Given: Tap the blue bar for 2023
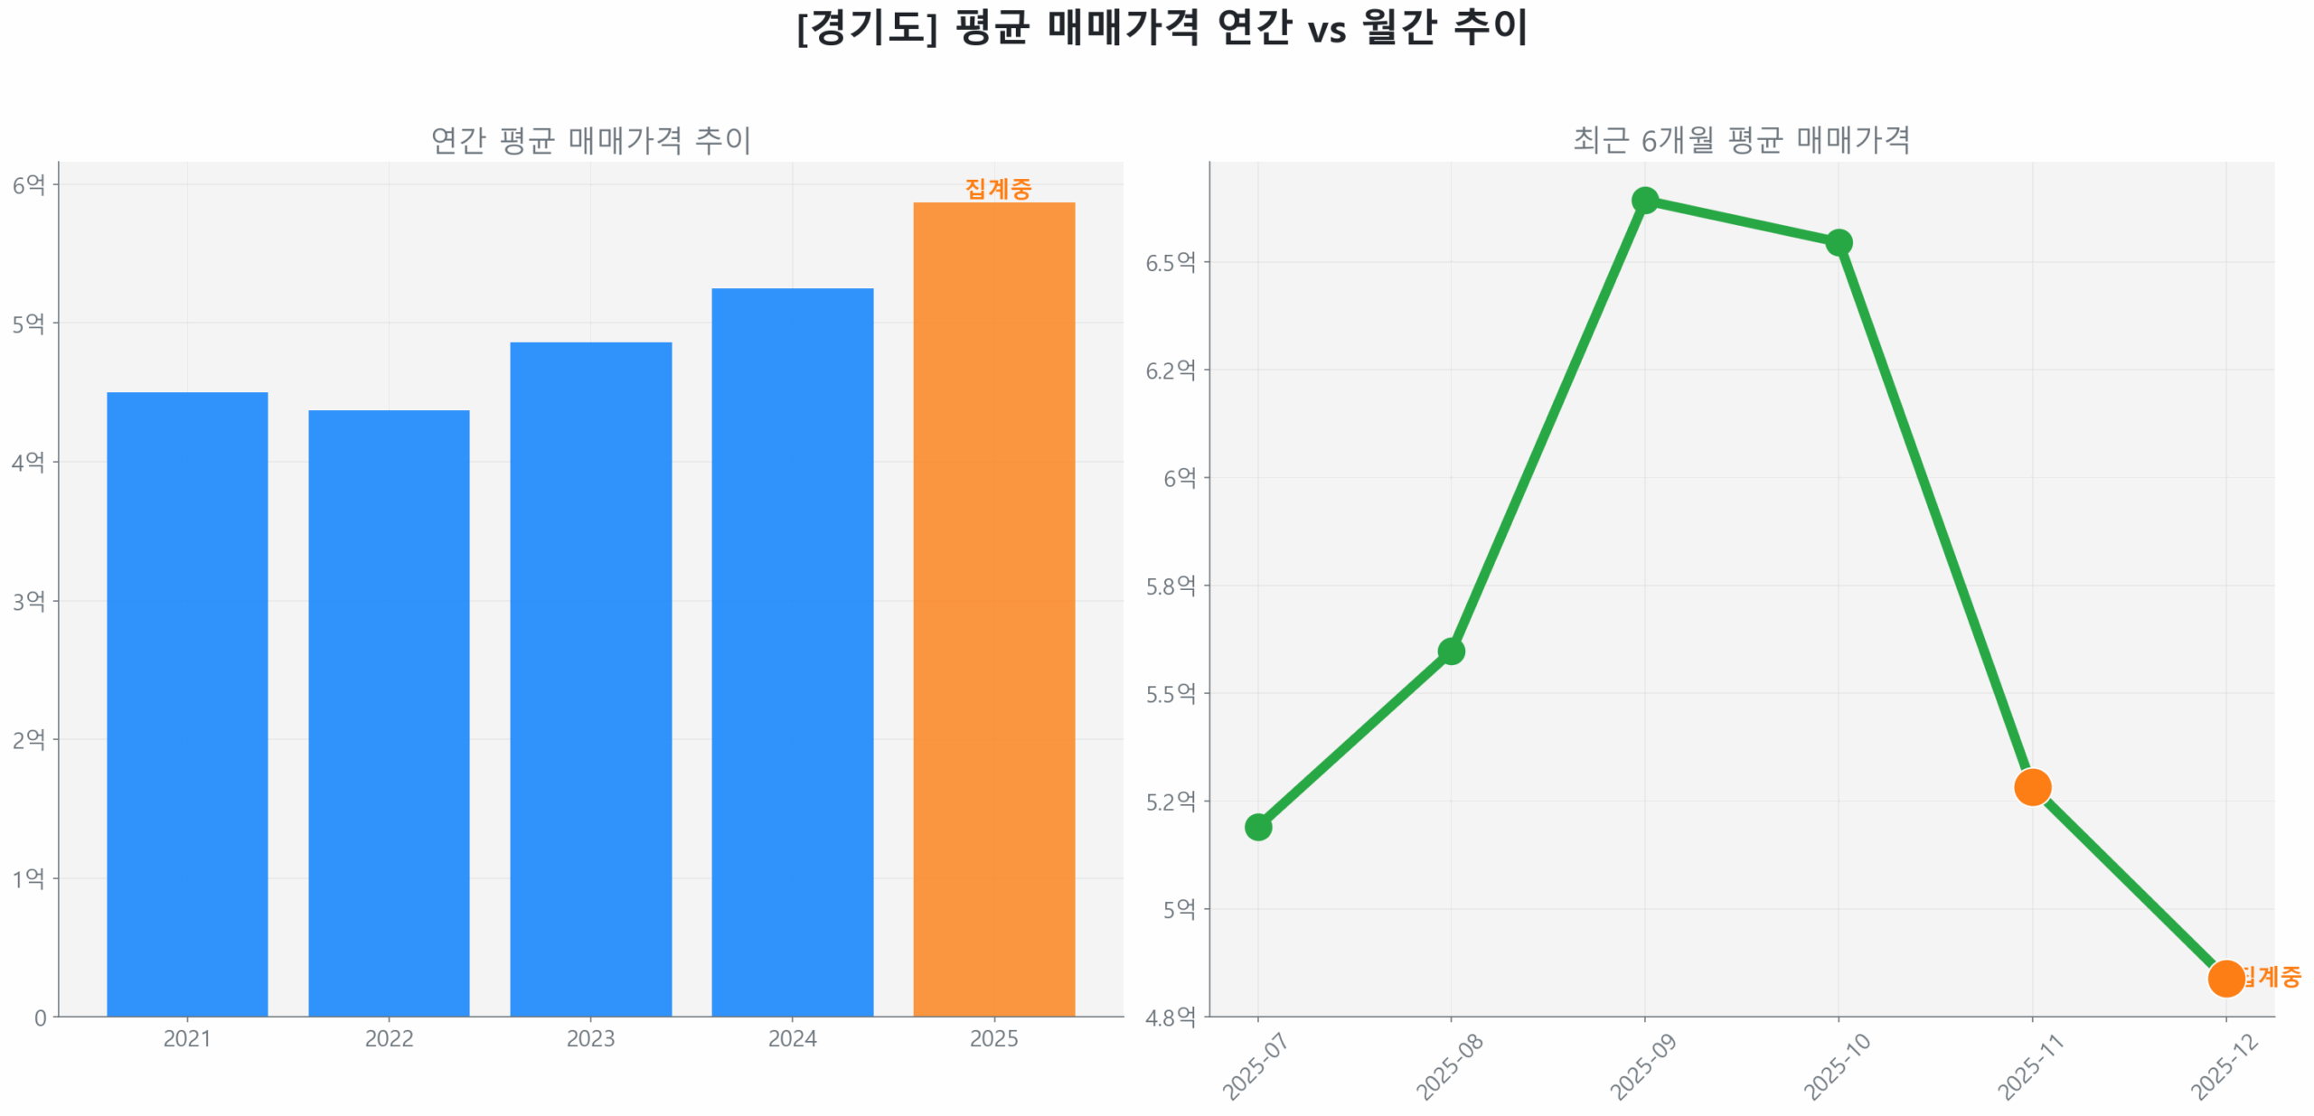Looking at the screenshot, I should point(590,678).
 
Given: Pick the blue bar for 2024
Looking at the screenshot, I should point(792,651).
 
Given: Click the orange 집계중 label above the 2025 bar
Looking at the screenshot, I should point(997,189).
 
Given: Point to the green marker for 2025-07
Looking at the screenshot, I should point(1257,826).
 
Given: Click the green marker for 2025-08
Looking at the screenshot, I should point(1451,651).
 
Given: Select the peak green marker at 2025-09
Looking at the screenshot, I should point(1644,200).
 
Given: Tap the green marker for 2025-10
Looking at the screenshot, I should point(1838,242).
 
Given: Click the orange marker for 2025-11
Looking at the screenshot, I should point(2031,786).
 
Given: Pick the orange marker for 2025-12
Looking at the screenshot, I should point(2225,977).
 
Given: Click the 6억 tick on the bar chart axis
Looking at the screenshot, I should point(28,185).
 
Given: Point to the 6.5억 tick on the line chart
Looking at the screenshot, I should point(1170,262).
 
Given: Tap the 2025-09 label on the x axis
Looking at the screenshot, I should point(1642,1066).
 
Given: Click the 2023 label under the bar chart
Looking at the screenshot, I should point(590,1038).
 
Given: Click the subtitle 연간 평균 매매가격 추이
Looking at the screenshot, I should point(590,140).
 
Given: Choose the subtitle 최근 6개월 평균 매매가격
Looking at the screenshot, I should point(1741,140).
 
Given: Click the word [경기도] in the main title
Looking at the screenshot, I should point(867,27).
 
